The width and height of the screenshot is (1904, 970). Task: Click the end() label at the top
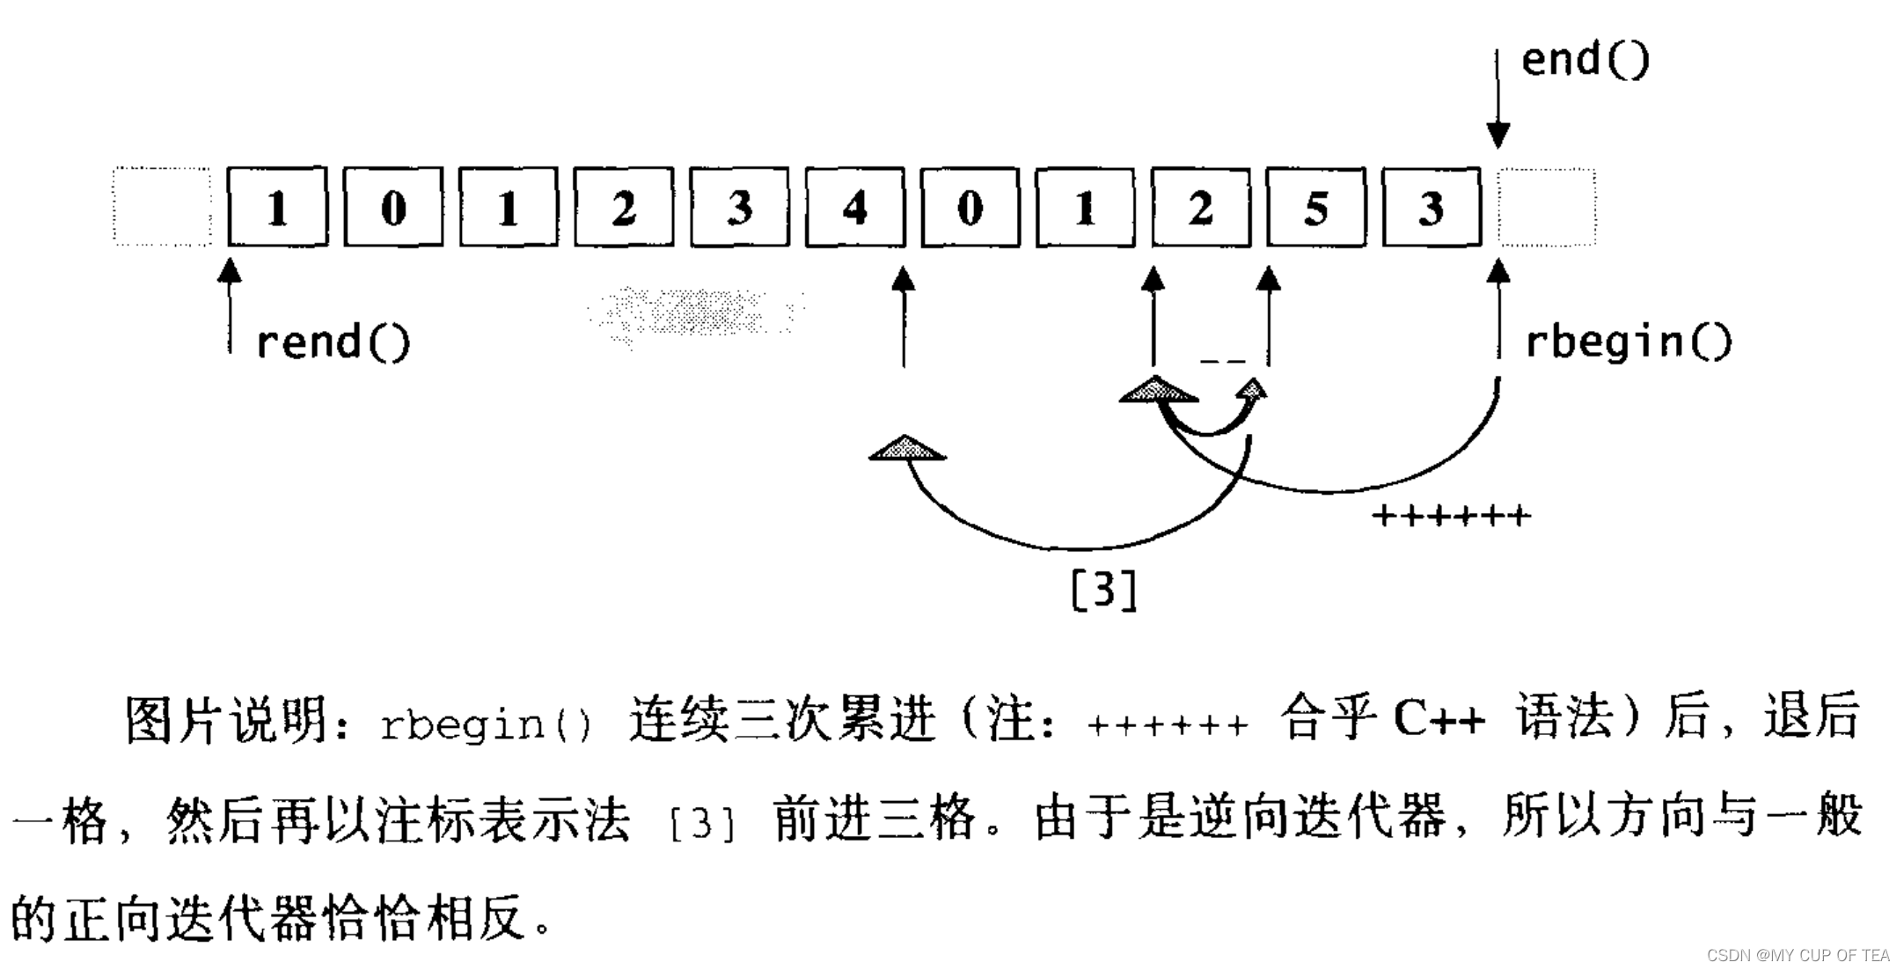[1585, 60]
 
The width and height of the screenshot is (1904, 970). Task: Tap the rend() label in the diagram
[333, 342]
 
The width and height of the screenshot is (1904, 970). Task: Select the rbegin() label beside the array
[1628, 342]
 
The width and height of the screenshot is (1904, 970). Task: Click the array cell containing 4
[854, 208]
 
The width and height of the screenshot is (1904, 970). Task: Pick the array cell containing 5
[1315, 208]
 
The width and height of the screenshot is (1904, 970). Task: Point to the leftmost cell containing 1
[277, 208]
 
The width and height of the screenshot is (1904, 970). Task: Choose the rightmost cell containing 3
[1432, 208]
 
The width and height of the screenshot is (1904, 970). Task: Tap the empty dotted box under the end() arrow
[1547, 208]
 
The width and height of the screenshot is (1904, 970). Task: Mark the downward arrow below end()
[1498, 101]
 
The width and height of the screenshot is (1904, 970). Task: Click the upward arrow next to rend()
[230, 304]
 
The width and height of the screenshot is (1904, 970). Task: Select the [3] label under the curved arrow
[1104, 590]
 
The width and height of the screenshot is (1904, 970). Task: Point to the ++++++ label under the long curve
[1452, 516]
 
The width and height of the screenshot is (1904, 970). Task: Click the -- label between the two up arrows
[1223, 361]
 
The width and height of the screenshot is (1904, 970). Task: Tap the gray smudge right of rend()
[695, 312]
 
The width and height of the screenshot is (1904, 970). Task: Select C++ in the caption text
[1439, 720]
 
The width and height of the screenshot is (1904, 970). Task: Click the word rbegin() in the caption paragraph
[487, 724]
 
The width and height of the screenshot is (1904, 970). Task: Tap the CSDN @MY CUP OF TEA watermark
[1798, 955]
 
